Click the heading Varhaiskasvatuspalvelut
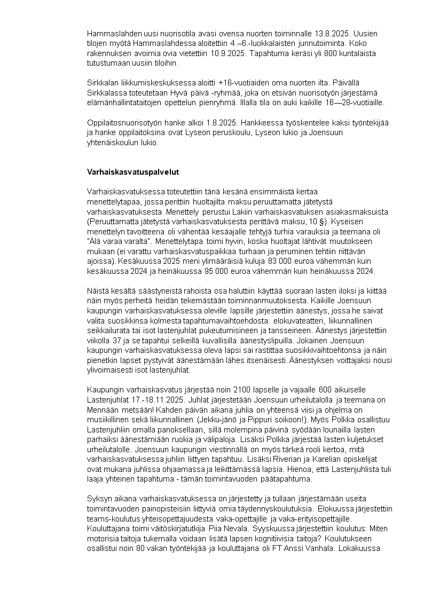coord(133,172)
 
